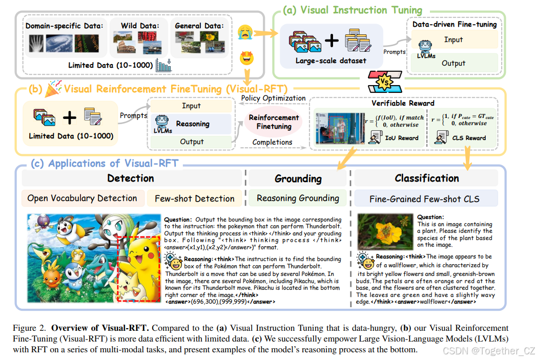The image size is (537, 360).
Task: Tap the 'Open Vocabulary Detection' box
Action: coord(82,198)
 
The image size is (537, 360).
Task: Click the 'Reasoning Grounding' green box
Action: coord(298,198)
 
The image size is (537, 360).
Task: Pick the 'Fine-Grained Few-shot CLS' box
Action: coord(425,198)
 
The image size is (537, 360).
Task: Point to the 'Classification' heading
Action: coord(426,178)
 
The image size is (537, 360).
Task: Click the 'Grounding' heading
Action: coord(298,178)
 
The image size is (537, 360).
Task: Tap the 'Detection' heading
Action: coord(130,178)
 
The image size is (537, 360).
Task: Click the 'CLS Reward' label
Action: coord(468,137)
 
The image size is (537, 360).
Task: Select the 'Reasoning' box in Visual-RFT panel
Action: coord(192,124)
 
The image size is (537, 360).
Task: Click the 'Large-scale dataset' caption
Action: coord(331,61)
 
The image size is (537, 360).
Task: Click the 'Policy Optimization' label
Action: coord(273,98)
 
